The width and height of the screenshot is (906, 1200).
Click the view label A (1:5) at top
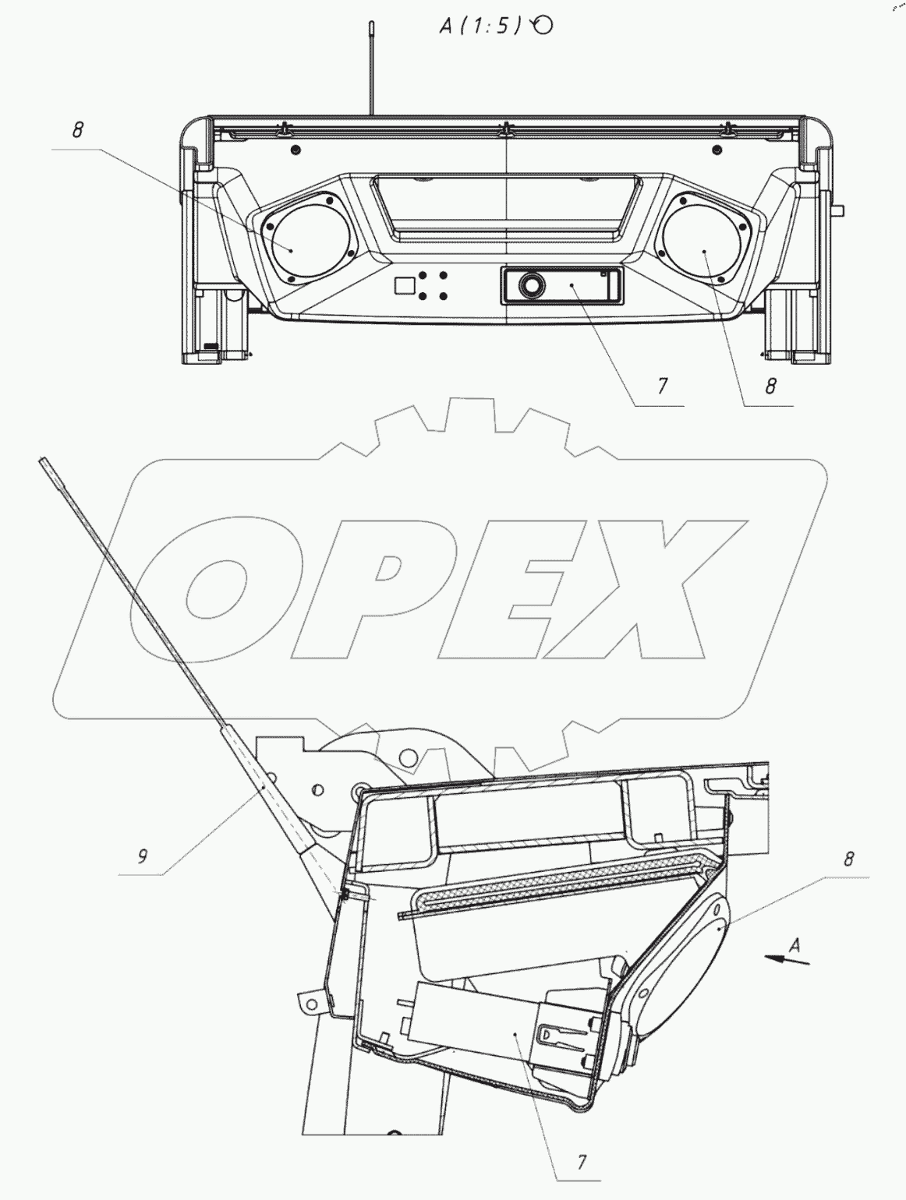point(481,26)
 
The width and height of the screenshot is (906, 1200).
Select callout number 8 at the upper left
point(78,130)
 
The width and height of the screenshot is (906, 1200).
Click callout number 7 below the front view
point(662,386)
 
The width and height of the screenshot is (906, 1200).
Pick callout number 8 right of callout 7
point(770,386)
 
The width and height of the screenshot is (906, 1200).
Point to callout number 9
point(142,856)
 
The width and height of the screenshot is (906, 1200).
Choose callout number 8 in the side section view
point(848,859)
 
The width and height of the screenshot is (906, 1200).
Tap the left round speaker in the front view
point(309,241)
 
